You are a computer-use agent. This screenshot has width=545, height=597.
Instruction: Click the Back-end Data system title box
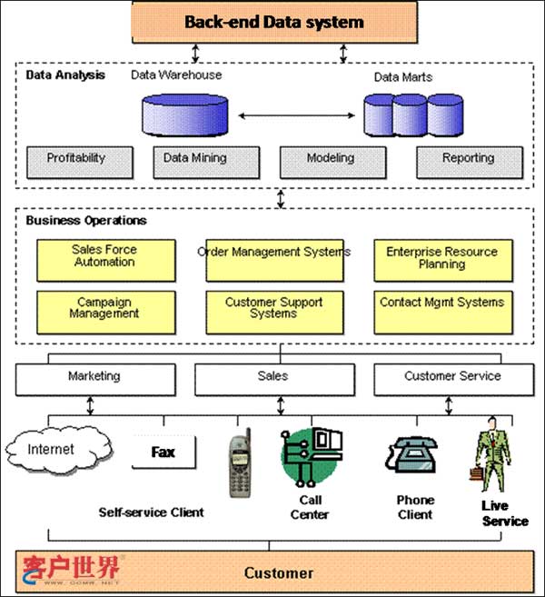(x=274, y=22)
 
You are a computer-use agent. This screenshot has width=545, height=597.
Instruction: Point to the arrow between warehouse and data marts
(x=295, y=115)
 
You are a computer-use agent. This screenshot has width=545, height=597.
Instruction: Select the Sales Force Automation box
(x=104, y=258)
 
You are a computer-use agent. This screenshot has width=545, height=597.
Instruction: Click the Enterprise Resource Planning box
(x=442, y=259)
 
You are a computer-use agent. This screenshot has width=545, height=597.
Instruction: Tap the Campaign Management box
(x=104, y=309)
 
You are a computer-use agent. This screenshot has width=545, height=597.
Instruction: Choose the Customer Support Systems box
(x=273, y=309)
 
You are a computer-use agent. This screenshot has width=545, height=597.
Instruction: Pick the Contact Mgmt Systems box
(x=442, y=309)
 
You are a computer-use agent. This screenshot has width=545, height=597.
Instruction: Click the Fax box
(x=163, y=453)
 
